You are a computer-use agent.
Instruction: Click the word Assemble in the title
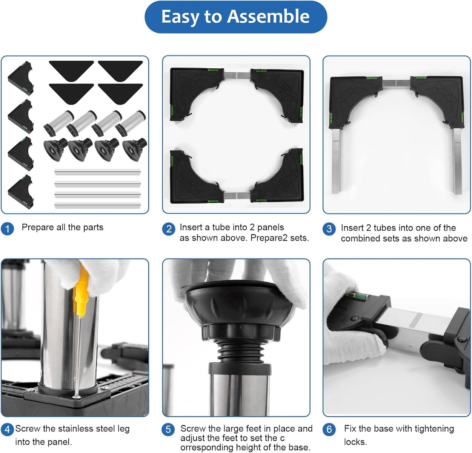268,17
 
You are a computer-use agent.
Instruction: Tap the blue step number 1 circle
7,229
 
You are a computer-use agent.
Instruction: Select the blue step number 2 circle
169,229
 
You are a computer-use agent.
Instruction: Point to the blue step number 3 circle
329,229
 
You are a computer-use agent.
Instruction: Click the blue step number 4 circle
7,430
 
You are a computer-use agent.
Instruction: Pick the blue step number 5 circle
168,430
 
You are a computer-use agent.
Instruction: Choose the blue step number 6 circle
329,430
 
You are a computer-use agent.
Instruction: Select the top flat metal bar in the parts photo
97,172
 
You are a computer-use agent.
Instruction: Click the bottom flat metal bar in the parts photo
97,205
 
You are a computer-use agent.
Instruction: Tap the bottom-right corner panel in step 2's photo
277,176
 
